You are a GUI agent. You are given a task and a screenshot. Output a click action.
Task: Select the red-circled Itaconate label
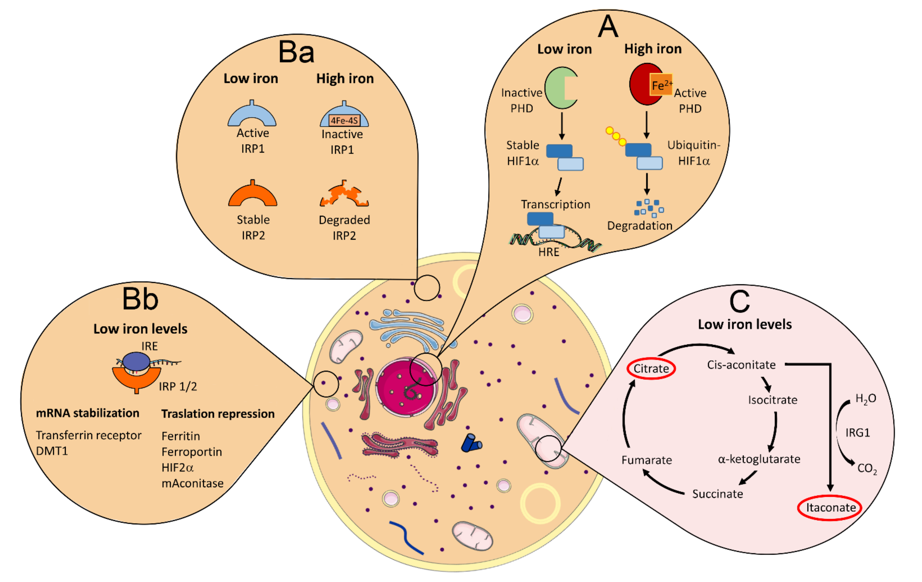click(830, 508)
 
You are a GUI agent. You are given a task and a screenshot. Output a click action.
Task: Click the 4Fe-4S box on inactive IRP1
click(344, 120)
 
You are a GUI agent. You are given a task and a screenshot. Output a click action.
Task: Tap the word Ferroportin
click(192, 452)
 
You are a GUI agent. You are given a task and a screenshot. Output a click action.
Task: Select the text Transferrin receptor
click(88, 435)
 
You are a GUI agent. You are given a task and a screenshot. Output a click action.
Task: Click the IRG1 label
click(857, 433)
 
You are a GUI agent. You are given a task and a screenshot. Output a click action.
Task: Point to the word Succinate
click(717, 494)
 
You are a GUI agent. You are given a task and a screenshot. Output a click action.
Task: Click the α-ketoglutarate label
click(759, 459)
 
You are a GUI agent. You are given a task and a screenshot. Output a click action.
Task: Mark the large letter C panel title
click(739, 302)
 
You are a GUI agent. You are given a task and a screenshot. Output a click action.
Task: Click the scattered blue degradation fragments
click(649, 208)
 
